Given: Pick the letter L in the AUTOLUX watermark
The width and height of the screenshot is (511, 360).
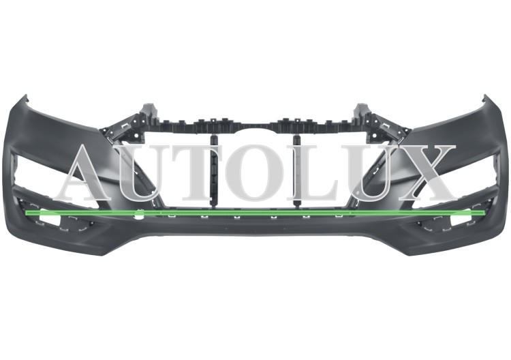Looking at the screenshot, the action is [312, 172].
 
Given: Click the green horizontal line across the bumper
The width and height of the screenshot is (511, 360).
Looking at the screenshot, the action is [255, 213].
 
